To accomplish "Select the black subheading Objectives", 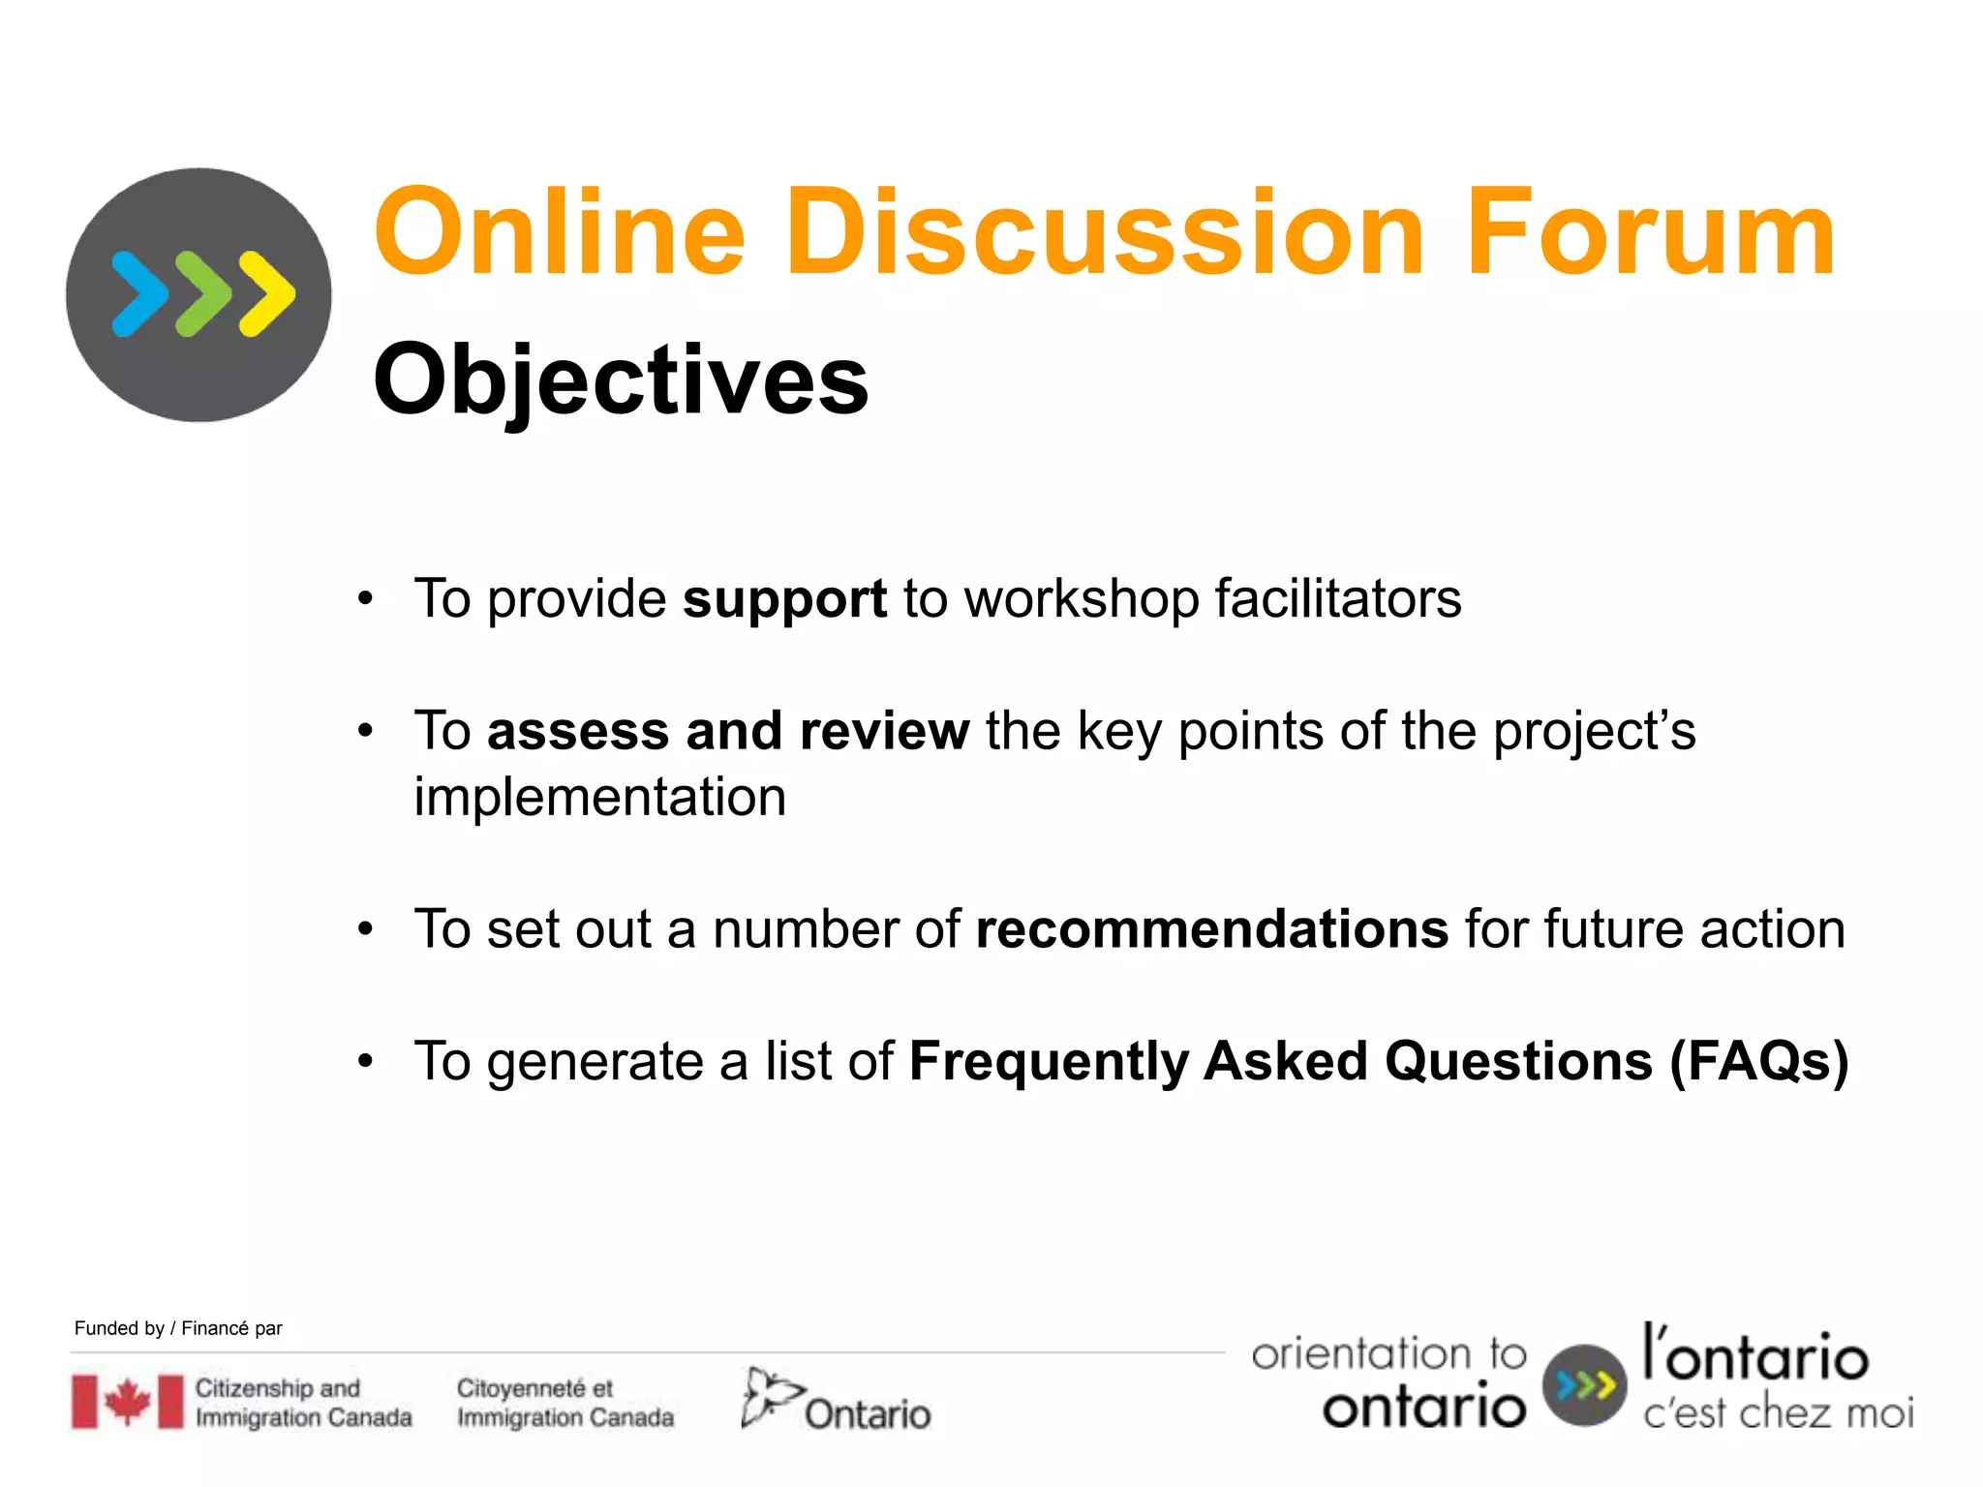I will (x=621, y=380).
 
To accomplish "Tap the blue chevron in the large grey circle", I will (x=138, y=294).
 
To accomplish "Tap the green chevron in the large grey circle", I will (x=202, y=294).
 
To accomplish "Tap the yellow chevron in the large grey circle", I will (x=266, y=294).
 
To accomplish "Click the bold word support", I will (x=784, y=598).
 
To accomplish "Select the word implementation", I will (x=599, y=798).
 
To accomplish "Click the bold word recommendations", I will (x=1211, y=929).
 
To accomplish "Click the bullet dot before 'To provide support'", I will (x=365, y=599).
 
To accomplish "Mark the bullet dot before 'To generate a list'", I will (x=365, y=1062).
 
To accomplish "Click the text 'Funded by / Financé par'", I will (x=178, y=1328).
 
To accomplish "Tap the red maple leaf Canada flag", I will (x=127, y=1402).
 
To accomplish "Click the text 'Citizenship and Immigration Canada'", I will (x=303, y=1403).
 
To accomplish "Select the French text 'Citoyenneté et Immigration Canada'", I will (x=564, y=1403).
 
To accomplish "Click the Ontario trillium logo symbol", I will (x=769, y=1396).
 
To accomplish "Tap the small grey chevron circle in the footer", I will (x=1584, y=1385).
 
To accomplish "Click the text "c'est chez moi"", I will (x=1778, y=1412).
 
